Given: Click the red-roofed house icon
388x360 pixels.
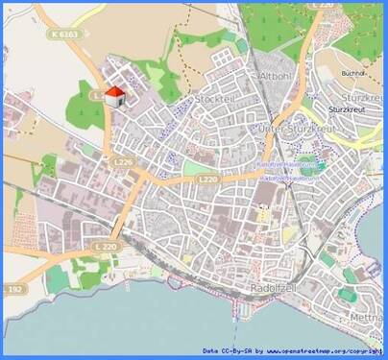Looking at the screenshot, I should (x=114, y=96).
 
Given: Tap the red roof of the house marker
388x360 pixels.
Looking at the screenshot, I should (x=114, y=91).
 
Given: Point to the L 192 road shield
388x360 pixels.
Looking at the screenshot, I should (x=13, y=288).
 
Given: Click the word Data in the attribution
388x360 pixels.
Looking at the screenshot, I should (x=213, y=349).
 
